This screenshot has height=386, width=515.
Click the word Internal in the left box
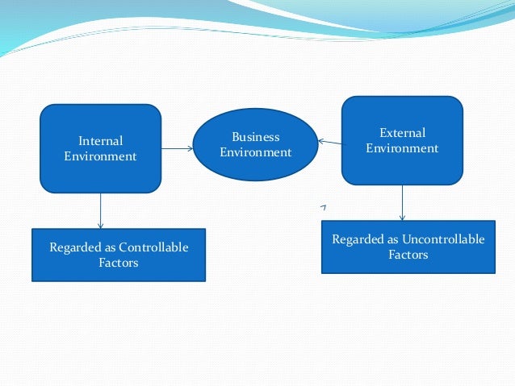coord(100,141)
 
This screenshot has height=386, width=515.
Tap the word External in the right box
coord(402,132)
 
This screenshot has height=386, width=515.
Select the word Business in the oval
coord(255,137)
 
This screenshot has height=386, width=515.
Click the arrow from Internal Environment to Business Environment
coord(178,149)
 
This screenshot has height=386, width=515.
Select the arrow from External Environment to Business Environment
coord(329,143)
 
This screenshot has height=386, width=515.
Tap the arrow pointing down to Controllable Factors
coord(100,211)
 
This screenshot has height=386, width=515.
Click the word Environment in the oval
coord(255,152)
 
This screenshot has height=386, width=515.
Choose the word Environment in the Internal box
coord(100,156)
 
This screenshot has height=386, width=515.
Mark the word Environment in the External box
coord(402,148)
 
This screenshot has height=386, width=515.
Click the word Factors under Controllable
coord(118,263)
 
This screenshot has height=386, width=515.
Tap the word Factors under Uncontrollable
coord(408,255)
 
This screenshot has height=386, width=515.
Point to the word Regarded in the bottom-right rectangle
coord(358,239)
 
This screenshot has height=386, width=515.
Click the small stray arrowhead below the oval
coord(323,208)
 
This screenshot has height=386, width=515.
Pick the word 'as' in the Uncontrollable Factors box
coord(394,239)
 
